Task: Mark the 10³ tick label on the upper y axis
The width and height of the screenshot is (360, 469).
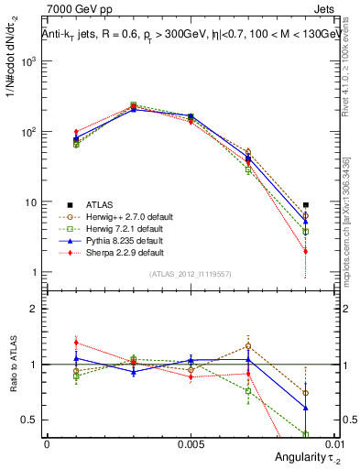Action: tap(27, 61)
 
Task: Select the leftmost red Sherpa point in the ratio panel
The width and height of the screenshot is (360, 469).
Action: tap(76, 343)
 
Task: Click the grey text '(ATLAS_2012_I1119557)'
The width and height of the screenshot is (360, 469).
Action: tap(190, 274)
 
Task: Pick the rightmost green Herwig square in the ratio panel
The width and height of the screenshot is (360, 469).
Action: tap(305, 434)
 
